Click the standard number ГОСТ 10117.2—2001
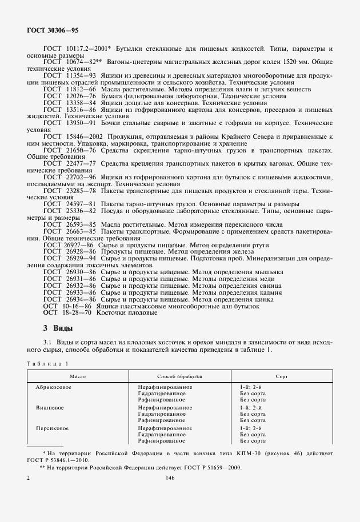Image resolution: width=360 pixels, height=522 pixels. tap(77, 50)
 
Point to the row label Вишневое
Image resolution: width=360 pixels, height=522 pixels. tap(49, 408)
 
